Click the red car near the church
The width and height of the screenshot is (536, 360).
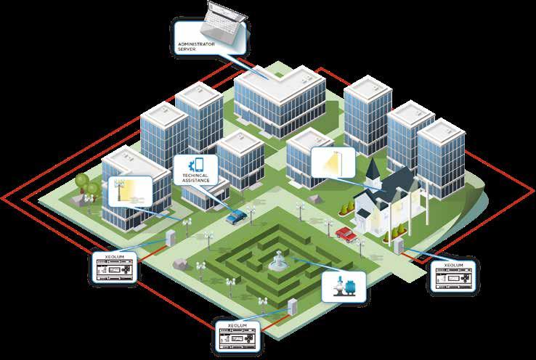[x=346, y=233]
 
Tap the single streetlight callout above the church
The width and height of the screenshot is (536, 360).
[x=333, y=162]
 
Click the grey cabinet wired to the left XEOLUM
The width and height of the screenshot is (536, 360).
[x=171, y=237]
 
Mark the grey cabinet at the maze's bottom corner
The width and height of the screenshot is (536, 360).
[x=291, y=308]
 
